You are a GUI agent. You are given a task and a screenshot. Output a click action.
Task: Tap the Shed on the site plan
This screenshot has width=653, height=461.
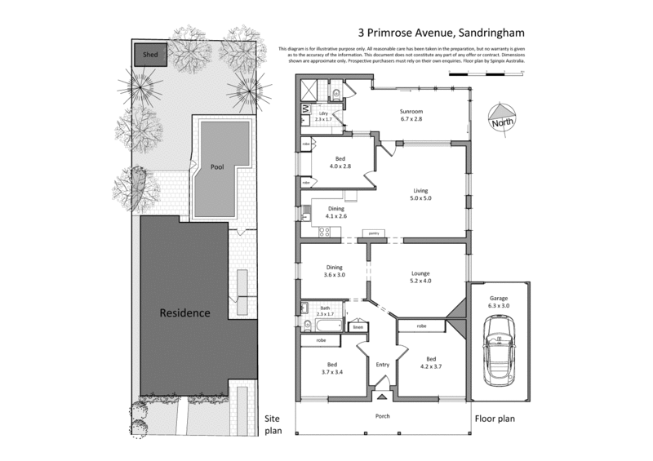pyautogui.click(x=150, y=55)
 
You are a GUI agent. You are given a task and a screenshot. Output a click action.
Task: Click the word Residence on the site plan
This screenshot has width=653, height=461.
pyautogui.click(x=184, y=313)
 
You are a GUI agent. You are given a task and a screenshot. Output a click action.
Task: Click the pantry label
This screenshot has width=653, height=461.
pyautogui.click(x=375, y=234)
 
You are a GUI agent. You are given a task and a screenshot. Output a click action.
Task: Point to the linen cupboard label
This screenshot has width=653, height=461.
pyautogui.click(x=357, y=327)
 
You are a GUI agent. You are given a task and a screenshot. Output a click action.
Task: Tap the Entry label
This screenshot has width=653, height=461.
pyautogui.click(x=382, y=365)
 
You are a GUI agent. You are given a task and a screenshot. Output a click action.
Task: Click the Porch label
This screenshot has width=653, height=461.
pyautogui.click(x=382, y=416)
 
